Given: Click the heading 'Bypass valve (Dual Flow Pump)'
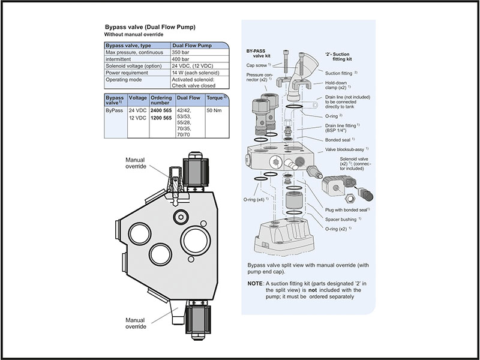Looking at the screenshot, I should [150, 27].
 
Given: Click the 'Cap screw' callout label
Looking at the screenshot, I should [260, 65].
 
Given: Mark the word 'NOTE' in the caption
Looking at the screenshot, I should [254, 283].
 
